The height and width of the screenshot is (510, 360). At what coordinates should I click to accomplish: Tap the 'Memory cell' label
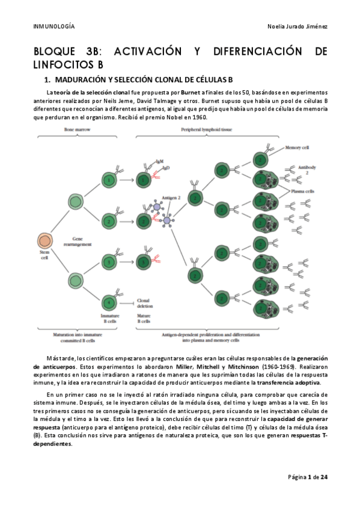click(x=297, y=147)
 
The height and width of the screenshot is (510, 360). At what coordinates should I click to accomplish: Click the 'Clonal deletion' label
click(x=144, y=303)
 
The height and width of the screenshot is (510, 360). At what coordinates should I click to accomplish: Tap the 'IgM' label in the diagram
click(x=159, y=161)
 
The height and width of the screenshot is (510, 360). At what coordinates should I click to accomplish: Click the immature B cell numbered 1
click(x=109, y=179)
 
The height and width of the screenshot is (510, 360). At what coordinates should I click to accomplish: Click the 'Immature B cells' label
click(x=109, y=318)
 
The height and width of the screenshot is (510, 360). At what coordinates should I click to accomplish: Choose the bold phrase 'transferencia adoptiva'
click(x=291, y=382)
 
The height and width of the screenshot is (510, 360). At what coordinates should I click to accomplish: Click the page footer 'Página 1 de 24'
click(x=307, y=476)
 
